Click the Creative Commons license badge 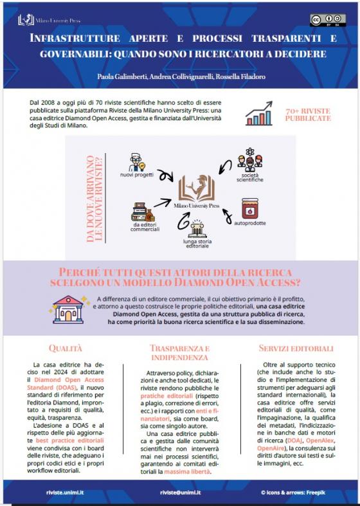[x=328, y=20]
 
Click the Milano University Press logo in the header [x=49, y=21]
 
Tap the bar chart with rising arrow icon [x=259, y=113]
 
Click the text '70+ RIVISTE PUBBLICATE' [x=308, y=114]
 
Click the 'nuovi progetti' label [x=137, y=176]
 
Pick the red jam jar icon [x=249, y=208]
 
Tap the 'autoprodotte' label [x=250, y=223]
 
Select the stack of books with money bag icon [x=143, y=212]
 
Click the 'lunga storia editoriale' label [x=197, y=244]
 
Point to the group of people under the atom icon [x=249, y=162]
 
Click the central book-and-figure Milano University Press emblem [x=197, y=188]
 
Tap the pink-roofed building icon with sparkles [x=68, y=309]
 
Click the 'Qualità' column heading [x=66, y=348]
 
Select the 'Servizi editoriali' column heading [x=296, y=348]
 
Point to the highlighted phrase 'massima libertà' [x=187, y=472]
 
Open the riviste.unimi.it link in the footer [x=65, y=492]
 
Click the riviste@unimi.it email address [x=181, y=492]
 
